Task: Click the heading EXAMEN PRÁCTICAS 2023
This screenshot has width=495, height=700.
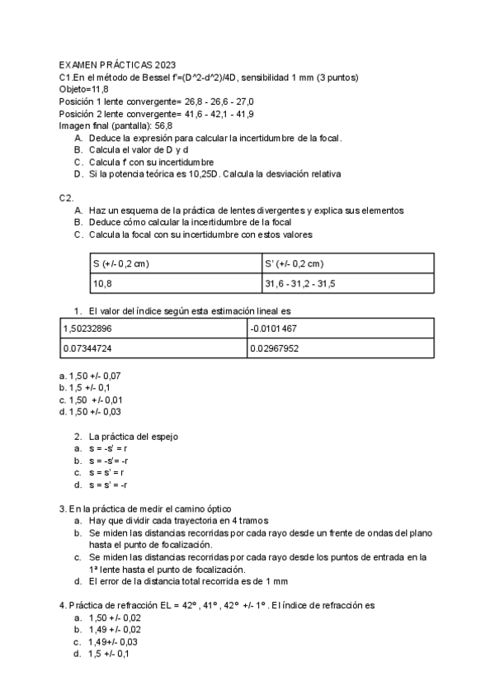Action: pyautogui.click(x=122, y=65)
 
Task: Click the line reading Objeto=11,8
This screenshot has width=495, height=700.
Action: pyautogui.click(x=84, y=89)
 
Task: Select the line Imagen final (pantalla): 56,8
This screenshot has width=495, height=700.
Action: pyautogui.click(x=116, y=125)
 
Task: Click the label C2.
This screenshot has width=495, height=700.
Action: pyautogui.click(x=67, y=198)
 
